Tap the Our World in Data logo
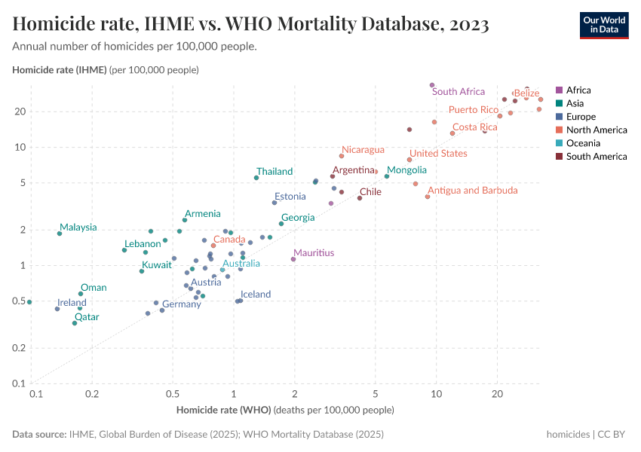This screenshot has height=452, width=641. coord(604,24)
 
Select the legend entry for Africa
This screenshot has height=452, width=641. coord(579,90)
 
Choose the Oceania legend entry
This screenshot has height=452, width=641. coord(584,143)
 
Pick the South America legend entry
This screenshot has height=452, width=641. coord(596,157)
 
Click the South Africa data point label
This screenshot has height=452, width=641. coord(459,92)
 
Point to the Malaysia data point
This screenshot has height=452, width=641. coord(60,234)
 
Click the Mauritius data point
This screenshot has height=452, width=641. coord(293,259)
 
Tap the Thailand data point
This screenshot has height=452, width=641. coord(256,178)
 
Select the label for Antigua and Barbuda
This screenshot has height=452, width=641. coord(473,191)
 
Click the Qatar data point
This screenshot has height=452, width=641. coord(75,323)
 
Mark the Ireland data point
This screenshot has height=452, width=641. coord(57,309)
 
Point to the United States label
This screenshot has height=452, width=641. coord(438,154)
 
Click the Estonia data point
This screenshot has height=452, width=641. coord(274,203)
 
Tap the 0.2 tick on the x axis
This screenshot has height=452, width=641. coord(92,394)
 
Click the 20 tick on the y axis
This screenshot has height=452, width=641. coord(20,111)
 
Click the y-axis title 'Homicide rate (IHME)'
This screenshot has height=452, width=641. coord(60,70)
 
